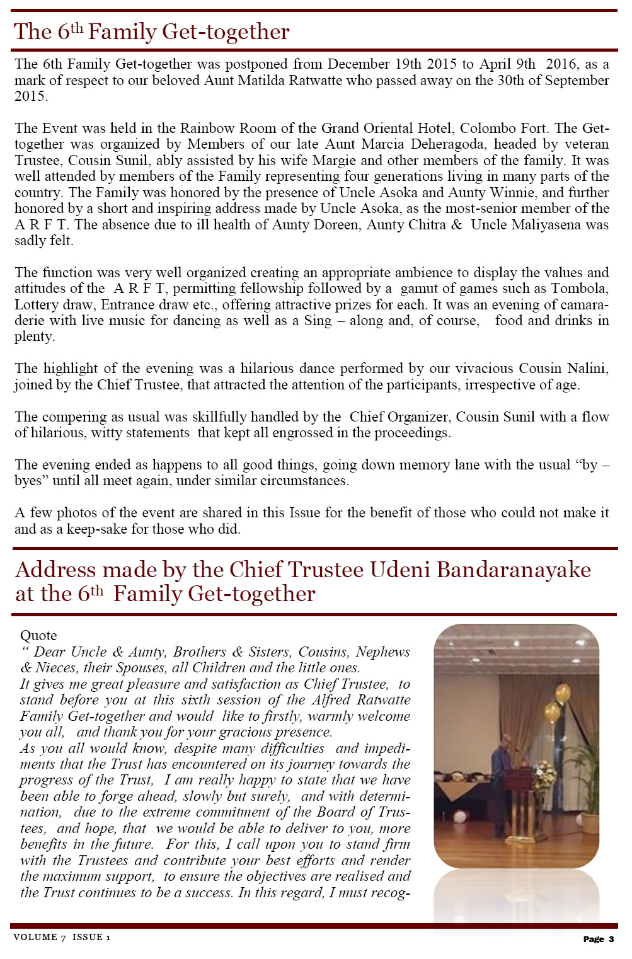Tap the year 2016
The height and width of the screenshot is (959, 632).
(x=561, y=64)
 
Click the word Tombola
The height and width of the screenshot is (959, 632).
(x=580, y=289)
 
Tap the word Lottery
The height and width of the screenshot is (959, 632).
(x=37, y=305)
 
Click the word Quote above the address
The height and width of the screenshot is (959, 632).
(x=38, y=635)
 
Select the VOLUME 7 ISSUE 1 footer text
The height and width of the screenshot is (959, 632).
(x=62, y=937)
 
